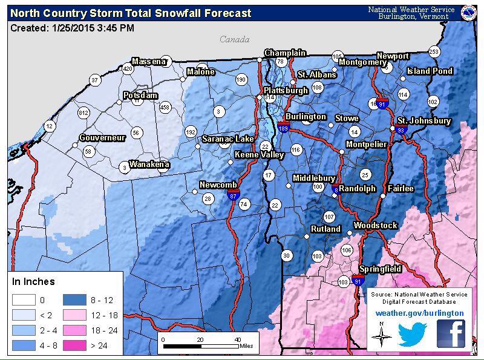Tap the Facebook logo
[x=451, y=333]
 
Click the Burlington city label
[x=306, y=117]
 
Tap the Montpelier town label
[x=366, y=144]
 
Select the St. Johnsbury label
[x=423, y=121]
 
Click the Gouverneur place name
[x=102, y=138]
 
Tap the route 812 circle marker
[x=83, y=113]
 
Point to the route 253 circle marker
[x=434, y=51]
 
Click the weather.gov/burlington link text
[x=419, y=313]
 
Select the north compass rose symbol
[x=381, y=334]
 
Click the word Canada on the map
[x=234, y=40]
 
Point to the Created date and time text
[x=73, y=28]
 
